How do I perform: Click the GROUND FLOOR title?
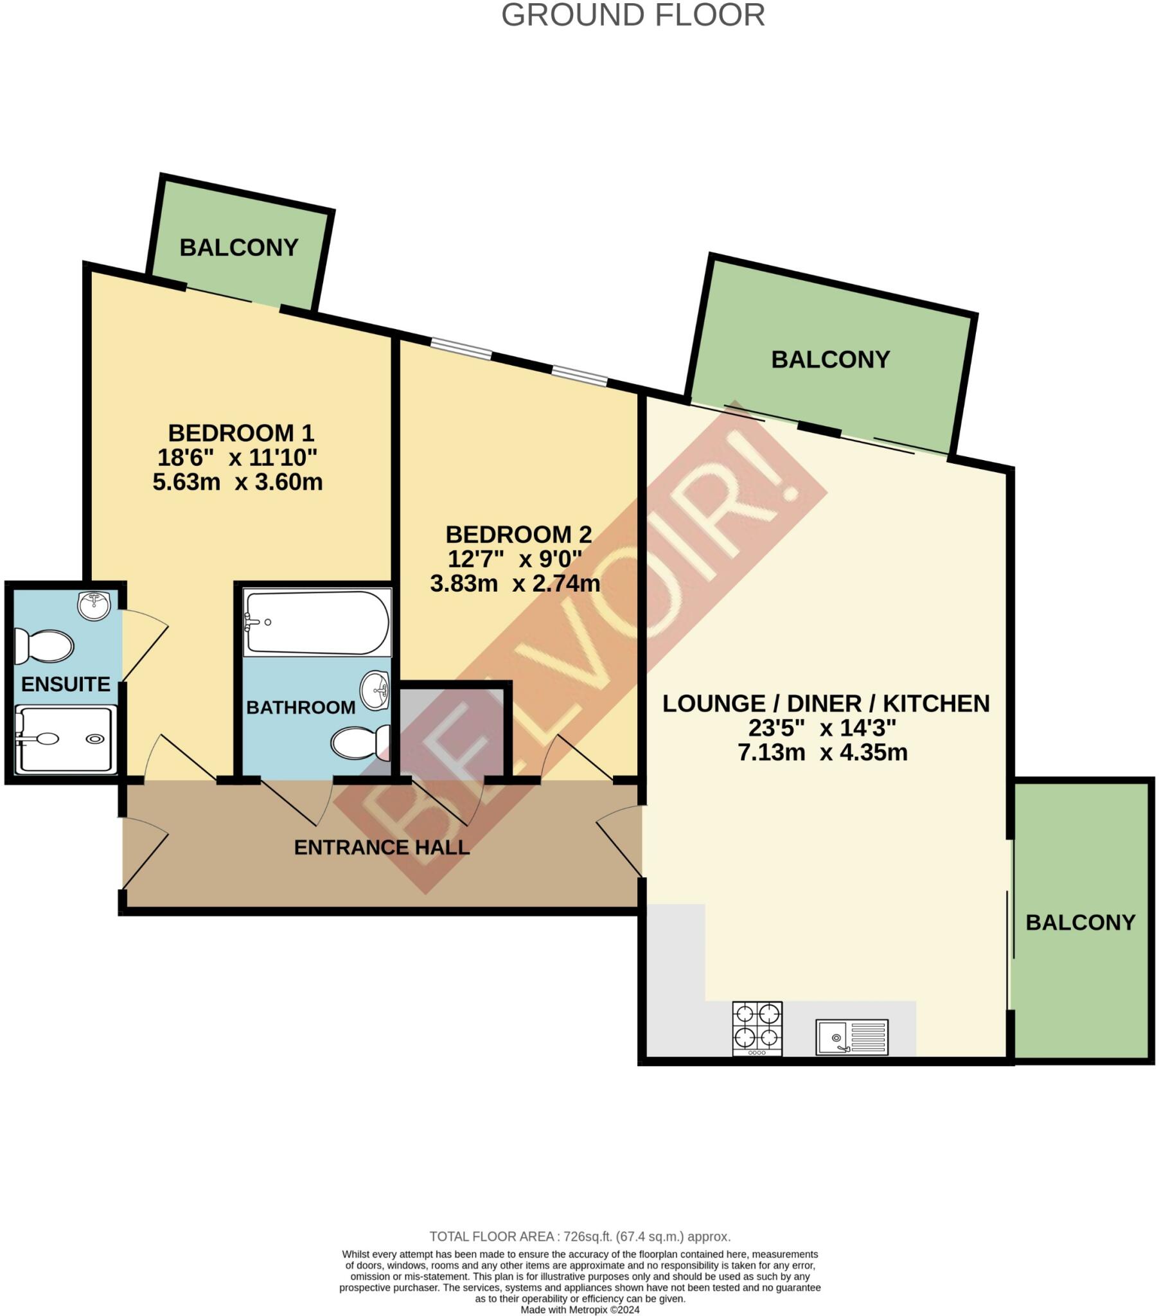632,15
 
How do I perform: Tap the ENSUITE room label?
66,684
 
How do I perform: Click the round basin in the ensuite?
94,606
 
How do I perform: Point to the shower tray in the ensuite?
66,740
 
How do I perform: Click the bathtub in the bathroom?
317,623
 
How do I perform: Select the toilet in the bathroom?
360,742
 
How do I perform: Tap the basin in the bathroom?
375,691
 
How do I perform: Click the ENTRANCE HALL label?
381,848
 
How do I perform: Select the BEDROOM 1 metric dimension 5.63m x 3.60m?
238,482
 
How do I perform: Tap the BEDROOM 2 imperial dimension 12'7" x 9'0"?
515,559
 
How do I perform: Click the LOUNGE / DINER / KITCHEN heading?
826,703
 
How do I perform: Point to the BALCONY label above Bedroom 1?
239,247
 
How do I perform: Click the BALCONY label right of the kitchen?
1080,922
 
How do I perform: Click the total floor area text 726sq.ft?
579,1236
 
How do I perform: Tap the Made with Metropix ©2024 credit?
579,1310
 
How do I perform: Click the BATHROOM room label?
301,707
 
